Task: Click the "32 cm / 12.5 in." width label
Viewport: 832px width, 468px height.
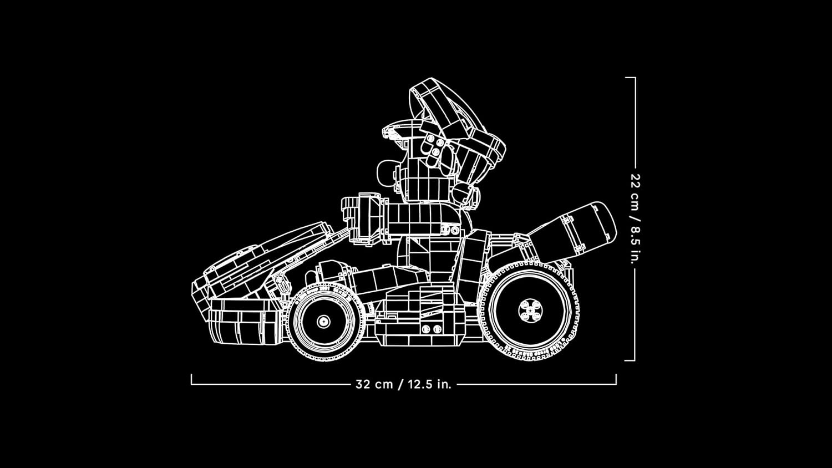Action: (403, 384)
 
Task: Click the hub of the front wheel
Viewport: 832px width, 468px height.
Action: (323, 321)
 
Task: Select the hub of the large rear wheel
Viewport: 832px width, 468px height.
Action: (530, 310)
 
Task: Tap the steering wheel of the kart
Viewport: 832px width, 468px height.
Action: (363, 219)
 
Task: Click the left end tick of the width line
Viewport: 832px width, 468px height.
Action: (192, 379)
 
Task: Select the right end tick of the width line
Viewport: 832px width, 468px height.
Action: (616, 379)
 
